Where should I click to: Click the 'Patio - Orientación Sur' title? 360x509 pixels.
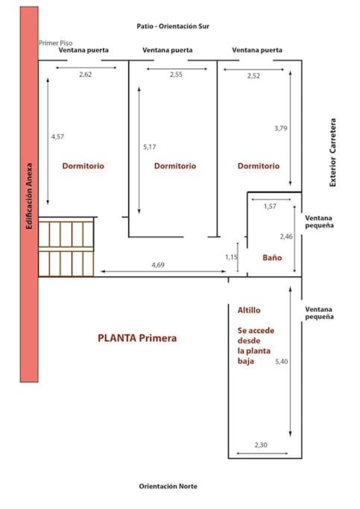[x=173, y=26]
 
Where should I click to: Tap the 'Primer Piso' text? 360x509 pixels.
[x=55, y=42]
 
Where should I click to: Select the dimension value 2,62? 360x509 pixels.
[x=86, y=75]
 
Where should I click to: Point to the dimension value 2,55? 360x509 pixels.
[x=176, y=75]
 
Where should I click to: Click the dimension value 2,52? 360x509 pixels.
[x=253, y=75]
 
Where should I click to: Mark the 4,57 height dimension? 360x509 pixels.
[x=57, y=136]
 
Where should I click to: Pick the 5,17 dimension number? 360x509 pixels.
[x=150, y=147]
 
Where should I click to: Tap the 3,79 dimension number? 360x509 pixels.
[x=281, y=128]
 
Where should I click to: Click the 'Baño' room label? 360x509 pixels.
[x=272, y=258]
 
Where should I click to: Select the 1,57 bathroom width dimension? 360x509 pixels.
[x=270, y=206]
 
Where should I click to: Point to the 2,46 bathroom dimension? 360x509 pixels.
[x=286, y=237]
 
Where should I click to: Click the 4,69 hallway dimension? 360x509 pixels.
[x=158, y=265]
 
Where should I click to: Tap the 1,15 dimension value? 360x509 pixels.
[x=232, y=257]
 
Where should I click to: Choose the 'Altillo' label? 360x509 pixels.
[x=249, y=310]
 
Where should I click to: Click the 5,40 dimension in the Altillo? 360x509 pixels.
[x=282, y=361]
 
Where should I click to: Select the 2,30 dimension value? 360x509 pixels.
[x=261, y=445]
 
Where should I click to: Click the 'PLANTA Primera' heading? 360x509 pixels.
[x=137, y=338]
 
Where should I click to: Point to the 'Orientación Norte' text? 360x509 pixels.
[x=168, y=487]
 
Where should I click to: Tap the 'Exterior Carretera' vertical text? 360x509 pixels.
[x=332, y=153]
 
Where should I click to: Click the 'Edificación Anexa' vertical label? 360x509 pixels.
[x=29, y=196]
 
